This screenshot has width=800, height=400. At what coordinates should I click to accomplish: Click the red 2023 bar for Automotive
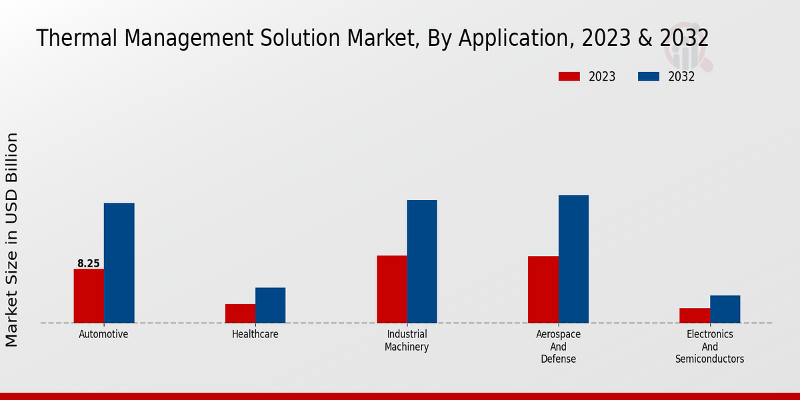tap(89, 296)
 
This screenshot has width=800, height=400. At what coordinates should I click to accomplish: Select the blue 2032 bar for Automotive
tap(119, 263)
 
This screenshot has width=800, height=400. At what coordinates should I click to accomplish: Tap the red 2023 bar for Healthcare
tap(240, 313)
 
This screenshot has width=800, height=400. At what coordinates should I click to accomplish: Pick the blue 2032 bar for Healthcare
tap(270, 305)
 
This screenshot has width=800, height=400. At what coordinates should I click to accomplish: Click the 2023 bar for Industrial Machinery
tap(391, 289)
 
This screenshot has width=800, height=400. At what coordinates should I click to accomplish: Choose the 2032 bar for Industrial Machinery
tap(422, 261)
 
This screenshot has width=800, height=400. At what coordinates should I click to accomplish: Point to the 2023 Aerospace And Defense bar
tap(543, 289)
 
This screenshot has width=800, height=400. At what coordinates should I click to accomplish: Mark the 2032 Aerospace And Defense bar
tap(573, 259)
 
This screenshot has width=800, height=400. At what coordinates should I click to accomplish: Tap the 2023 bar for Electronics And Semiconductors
tap(695, 315)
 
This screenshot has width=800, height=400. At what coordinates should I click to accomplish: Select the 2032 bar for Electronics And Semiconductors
tap(725, 309)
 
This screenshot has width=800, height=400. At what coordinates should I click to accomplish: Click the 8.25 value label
tap(89, 264)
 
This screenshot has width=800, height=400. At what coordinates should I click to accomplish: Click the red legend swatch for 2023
tap(569, 77)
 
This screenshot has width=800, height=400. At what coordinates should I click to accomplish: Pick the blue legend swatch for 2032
tap(649, 77)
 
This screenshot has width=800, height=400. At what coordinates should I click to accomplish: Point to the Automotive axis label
tap(103, 335)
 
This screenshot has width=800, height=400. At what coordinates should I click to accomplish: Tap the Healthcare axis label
tap(255, 335)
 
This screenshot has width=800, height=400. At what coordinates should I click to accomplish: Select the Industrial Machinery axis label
tap(407, 341)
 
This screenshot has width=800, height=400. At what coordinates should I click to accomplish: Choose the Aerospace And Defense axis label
tap(558, 347)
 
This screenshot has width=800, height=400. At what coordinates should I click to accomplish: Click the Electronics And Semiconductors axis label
tap(709, 347)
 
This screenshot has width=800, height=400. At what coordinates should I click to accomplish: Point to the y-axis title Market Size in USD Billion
tap(12, 240)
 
